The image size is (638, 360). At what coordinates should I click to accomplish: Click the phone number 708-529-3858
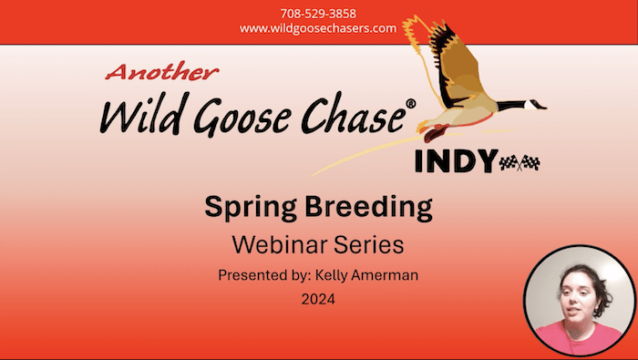[x=318, y=14]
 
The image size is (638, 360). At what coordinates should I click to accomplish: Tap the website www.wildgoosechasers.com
[x=318, y=28]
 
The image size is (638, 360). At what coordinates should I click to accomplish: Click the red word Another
[x=164, y=73]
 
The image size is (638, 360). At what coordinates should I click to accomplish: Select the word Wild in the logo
[x=136, y=116]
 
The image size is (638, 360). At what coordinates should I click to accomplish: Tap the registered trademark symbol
[x=410, y=104]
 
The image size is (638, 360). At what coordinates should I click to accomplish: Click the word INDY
[x=456, y=161]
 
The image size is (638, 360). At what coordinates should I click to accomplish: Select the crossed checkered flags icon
[x=520, y=162]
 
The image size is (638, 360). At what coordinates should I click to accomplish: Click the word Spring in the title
[x=248, y=209]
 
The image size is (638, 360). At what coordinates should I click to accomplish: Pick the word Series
[x=368, y=244]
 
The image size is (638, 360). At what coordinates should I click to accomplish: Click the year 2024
[x=318, y=298]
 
